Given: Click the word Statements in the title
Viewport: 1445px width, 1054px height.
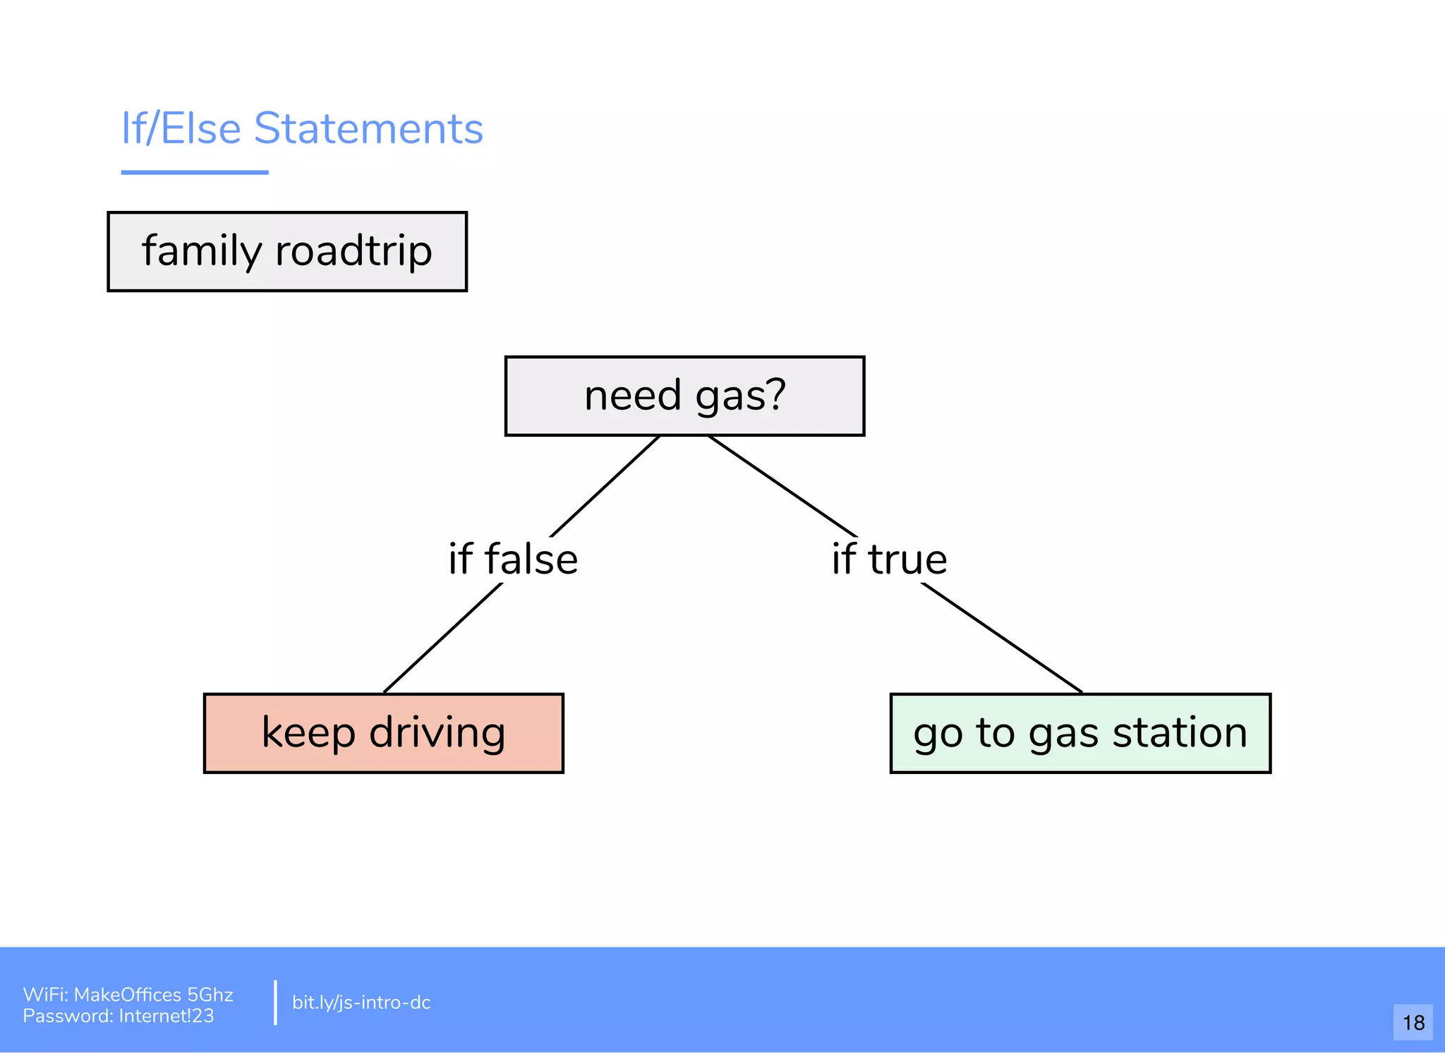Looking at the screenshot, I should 368,128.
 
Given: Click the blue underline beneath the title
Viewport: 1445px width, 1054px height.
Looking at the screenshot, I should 195,172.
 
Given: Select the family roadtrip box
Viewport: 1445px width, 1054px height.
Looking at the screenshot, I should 287,251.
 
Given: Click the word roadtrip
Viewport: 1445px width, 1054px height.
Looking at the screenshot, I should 353,251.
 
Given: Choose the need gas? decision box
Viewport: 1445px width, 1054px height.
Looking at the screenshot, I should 684,396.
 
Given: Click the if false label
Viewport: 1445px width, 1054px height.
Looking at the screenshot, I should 513,559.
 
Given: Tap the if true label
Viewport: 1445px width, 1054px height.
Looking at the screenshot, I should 889,559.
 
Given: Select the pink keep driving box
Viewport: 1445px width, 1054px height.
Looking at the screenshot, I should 383,733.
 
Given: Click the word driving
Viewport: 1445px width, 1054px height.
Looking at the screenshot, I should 437,733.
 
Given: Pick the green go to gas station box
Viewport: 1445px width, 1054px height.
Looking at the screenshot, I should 1080,733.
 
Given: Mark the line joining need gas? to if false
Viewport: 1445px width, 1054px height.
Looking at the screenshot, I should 605,486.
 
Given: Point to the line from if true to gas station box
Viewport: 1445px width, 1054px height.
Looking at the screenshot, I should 1002,638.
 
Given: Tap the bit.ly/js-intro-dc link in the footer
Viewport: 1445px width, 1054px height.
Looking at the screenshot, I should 361,1002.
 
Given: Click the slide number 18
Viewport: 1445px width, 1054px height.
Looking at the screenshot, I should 1413,1022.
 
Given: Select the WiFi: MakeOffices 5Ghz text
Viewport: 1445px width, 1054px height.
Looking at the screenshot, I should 128,995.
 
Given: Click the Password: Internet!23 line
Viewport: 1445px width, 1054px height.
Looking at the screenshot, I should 118,1016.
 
